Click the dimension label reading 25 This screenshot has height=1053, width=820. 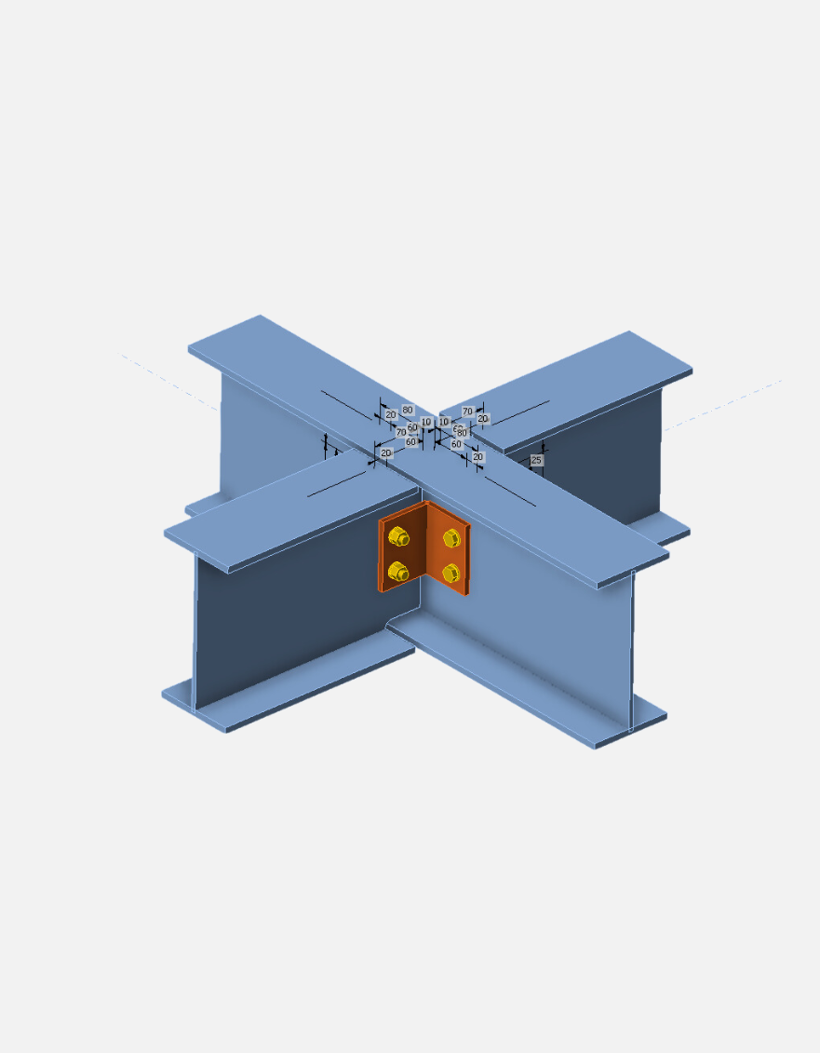pos(536,460)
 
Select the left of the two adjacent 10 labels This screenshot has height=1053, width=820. pos(426,422)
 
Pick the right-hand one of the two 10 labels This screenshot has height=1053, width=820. pos(444,422)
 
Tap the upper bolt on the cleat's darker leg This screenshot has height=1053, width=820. pos(397,536)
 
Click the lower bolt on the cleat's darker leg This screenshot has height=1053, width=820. pos(397,571)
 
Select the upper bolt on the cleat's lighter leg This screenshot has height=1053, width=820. pos(452,537)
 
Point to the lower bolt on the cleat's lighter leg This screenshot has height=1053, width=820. pos(452,572)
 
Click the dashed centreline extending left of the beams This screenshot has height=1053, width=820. pos(168,379)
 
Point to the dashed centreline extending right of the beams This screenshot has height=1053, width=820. pos(726,403)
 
